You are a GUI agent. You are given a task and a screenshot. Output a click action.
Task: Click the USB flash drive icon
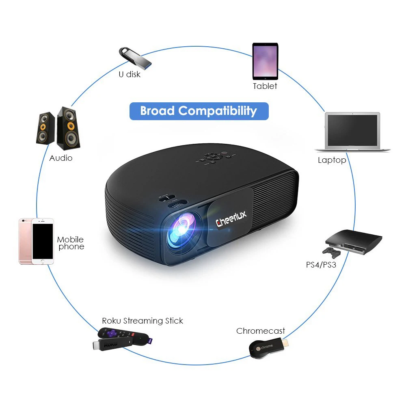135,56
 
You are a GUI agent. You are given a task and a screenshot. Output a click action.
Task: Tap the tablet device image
265,61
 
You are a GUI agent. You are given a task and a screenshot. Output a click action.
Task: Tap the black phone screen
43,241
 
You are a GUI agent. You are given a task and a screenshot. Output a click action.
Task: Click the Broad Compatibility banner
199,111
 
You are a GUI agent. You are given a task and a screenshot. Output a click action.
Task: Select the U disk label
130,74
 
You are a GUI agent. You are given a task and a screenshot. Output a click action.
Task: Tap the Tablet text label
265,86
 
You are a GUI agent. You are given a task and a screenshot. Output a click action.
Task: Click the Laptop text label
332,160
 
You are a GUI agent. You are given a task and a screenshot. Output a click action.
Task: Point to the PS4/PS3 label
321,266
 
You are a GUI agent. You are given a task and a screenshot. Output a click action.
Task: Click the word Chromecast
261,331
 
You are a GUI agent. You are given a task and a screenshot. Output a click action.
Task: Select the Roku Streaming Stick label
143,321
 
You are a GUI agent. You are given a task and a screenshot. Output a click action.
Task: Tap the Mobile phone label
71,243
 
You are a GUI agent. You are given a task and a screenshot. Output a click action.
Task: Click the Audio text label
61,158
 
